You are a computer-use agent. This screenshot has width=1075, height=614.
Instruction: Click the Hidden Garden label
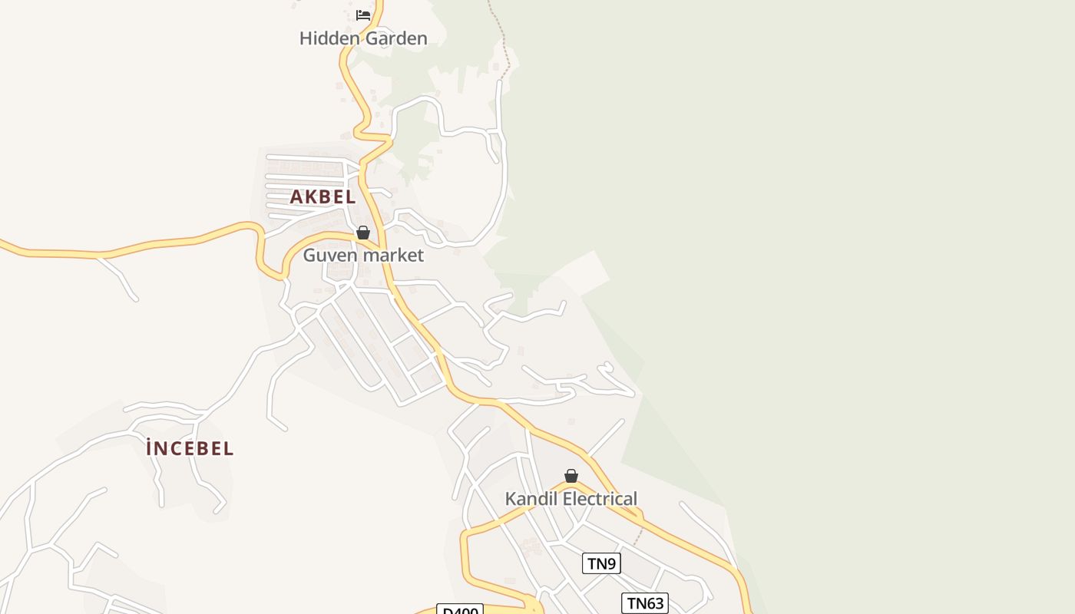coord(363,38)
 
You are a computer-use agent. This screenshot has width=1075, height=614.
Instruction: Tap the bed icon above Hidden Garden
coord(363,15)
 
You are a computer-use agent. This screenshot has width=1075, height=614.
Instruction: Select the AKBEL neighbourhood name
coord(322,196)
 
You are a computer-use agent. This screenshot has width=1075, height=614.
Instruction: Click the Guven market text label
coord(363,255)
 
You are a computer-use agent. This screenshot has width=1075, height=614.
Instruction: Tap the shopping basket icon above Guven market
coord(363,233)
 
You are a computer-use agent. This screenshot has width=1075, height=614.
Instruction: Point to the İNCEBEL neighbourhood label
coord(190,448)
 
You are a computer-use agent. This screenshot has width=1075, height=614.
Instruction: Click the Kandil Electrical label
coord(571,499)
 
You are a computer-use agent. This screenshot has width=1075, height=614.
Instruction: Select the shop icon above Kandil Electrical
coord(571,477)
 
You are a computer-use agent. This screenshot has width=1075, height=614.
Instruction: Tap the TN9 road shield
coord(601,564)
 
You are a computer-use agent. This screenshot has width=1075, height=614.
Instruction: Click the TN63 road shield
coord(644,603)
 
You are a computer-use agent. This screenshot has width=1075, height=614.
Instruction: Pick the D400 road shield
coord(460,610)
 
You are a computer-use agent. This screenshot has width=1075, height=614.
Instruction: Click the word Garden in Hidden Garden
coord(392,38)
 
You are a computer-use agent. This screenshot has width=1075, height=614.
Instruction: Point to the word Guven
coord(326,255)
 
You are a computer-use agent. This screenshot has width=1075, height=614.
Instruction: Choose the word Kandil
coord(529,499)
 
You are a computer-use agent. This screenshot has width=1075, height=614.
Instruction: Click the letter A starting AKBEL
coord(296,196)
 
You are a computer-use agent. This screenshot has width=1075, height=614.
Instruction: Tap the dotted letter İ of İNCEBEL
coord(150,448)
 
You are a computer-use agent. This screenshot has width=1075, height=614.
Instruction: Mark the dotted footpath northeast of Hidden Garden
coord(504,38)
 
